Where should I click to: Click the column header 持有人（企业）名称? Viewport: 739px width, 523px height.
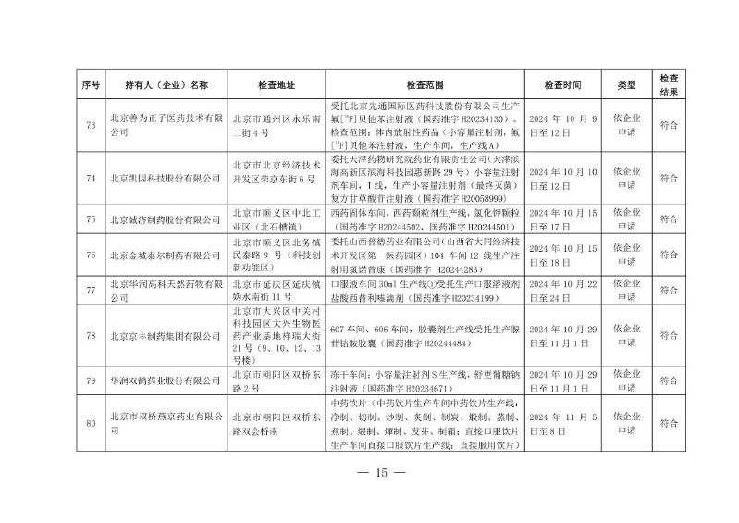tap(166, 85)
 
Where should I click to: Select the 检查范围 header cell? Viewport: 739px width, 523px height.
tap(425, 85)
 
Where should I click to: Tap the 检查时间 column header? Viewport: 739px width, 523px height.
tap(563, 85)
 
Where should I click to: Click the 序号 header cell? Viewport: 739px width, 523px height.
tap(90, 85)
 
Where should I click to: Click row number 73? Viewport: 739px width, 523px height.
tap(90, 124)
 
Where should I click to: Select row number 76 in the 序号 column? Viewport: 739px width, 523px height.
tap(90, 251)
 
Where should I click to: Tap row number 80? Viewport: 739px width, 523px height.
tap(90, 424)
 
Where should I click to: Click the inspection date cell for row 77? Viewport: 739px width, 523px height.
tap(563, 284)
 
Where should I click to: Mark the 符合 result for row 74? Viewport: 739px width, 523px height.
tap(669, 176)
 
